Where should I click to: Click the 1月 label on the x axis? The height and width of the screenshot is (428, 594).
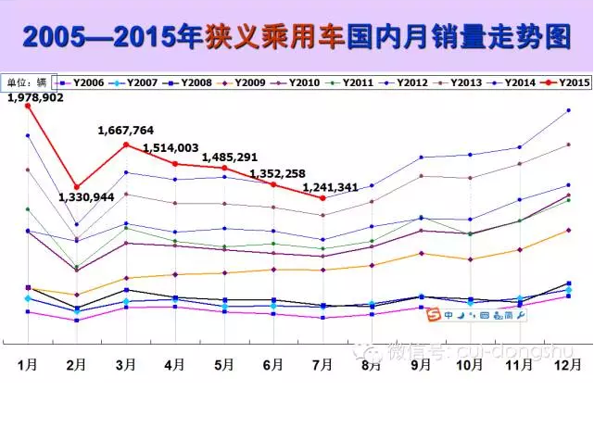pos(28,364)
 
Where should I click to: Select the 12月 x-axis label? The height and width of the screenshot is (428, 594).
pos(567,364)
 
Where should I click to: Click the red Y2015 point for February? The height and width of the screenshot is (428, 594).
pos(77,187)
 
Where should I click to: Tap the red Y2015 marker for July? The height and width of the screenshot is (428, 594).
pos(322,197)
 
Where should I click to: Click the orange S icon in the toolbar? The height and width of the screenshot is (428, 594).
pos(433,316)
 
